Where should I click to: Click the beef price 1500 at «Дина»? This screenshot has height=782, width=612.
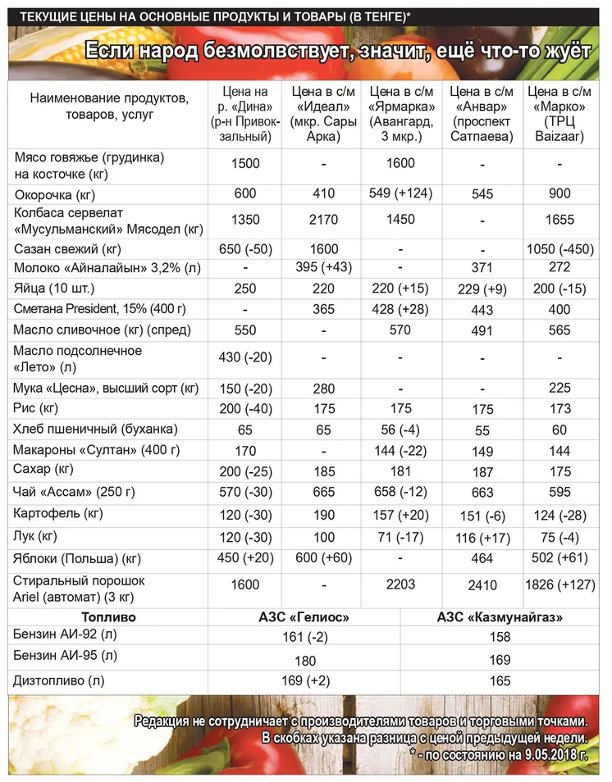click(244, 163)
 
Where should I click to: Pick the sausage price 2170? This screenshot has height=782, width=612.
click(323, 221)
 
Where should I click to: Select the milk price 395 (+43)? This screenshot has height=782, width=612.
click(323, 269)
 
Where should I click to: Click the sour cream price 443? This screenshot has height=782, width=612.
click(482, 310)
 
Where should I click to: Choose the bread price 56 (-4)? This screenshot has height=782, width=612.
click(402, 429)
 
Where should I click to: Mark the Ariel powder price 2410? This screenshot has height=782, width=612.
click(482, 588)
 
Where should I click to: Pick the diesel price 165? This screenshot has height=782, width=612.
click(500, 680)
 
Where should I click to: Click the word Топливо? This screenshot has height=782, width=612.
click(108, 616)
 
